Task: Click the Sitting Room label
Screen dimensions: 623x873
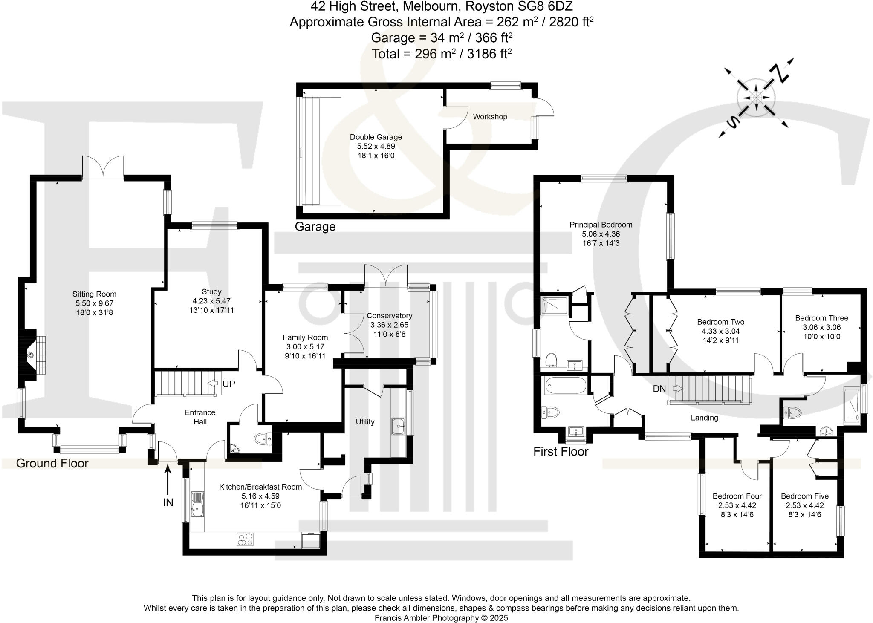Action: [x=94, y=294]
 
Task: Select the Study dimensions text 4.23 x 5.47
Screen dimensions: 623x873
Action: [x=211, y=301]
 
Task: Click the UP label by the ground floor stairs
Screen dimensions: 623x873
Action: [x=228, y=384]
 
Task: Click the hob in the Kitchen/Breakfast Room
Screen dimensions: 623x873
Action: [x=245, y=539]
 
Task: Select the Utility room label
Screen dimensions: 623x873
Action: [x=365, y=422]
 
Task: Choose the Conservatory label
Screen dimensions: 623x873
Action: [x=389, y=316]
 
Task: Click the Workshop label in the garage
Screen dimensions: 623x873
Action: [x=490, y=117]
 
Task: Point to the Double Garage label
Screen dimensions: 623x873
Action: [x=376, y=137]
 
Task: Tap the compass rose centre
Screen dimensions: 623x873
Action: [x=755, y=98]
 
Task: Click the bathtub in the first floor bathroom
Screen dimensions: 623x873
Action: [x=564, y=386]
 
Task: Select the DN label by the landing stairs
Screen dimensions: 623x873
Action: [x=659, y=389]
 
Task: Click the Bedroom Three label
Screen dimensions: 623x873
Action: [x=821, y=318]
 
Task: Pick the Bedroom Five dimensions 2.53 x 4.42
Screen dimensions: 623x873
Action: [x=804, y=505]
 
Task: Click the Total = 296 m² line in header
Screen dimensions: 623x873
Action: [x=441, y=54]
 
